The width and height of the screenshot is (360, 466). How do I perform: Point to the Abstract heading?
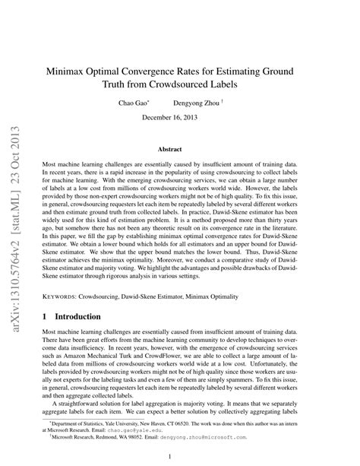[x=179, y=151]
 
